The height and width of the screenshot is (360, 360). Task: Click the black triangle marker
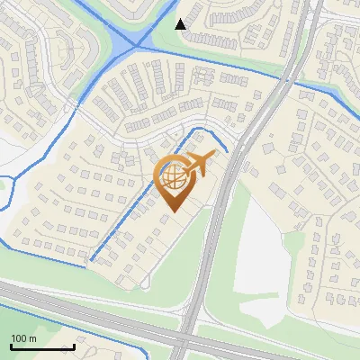tap(181, 23)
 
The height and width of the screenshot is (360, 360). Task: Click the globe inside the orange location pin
tap(173, 175)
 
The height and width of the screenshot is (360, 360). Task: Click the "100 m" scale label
tap(23, 338)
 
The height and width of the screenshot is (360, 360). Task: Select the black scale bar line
tap(42, 346)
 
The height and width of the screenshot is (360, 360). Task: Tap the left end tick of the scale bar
tap(11, 346)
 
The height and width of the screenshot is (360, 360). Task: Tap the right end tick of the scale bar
tap(74, 346)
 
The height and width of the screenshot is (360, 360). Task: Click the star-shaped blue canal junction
tap(136, 43)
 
